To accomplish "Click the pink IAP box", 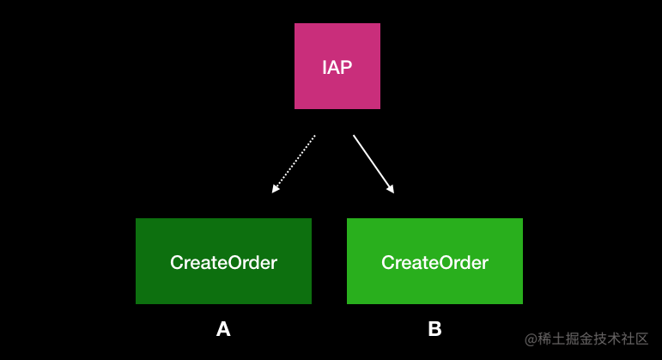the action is click(337, 66).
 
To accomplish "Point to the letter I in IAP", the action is click(324, 67).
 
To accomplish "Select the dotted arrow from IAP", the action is click(294, 164).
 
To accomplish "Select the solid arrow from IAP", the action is click(374, 164).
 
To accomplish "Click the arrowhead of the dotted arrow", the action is click(275, 189).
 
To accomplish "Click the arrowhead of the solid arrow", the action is click(391, 189).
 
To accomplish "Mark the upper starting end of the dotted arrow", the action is click(315, 135).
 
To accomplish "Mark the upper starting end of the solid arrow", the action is click(354, 135).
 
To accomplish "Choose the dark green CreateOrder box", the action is click(223, 261).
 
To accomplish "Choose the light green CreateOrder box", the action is click(434, 261).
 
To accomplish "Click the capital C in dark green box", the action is click(177, 262).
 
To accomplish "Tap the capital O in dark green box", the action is click(230, 262).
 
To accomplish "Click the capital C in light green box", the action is click(387, 262).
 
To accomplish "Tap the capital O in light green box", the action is click(441, 262).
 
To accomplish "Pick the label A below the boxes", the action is click(223, 329).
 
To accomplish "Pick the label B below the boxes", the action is click(434, 329).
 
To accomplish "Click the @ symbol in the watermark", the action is click(531, 339).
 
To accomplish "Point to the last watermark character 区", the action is click(641, 339).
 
